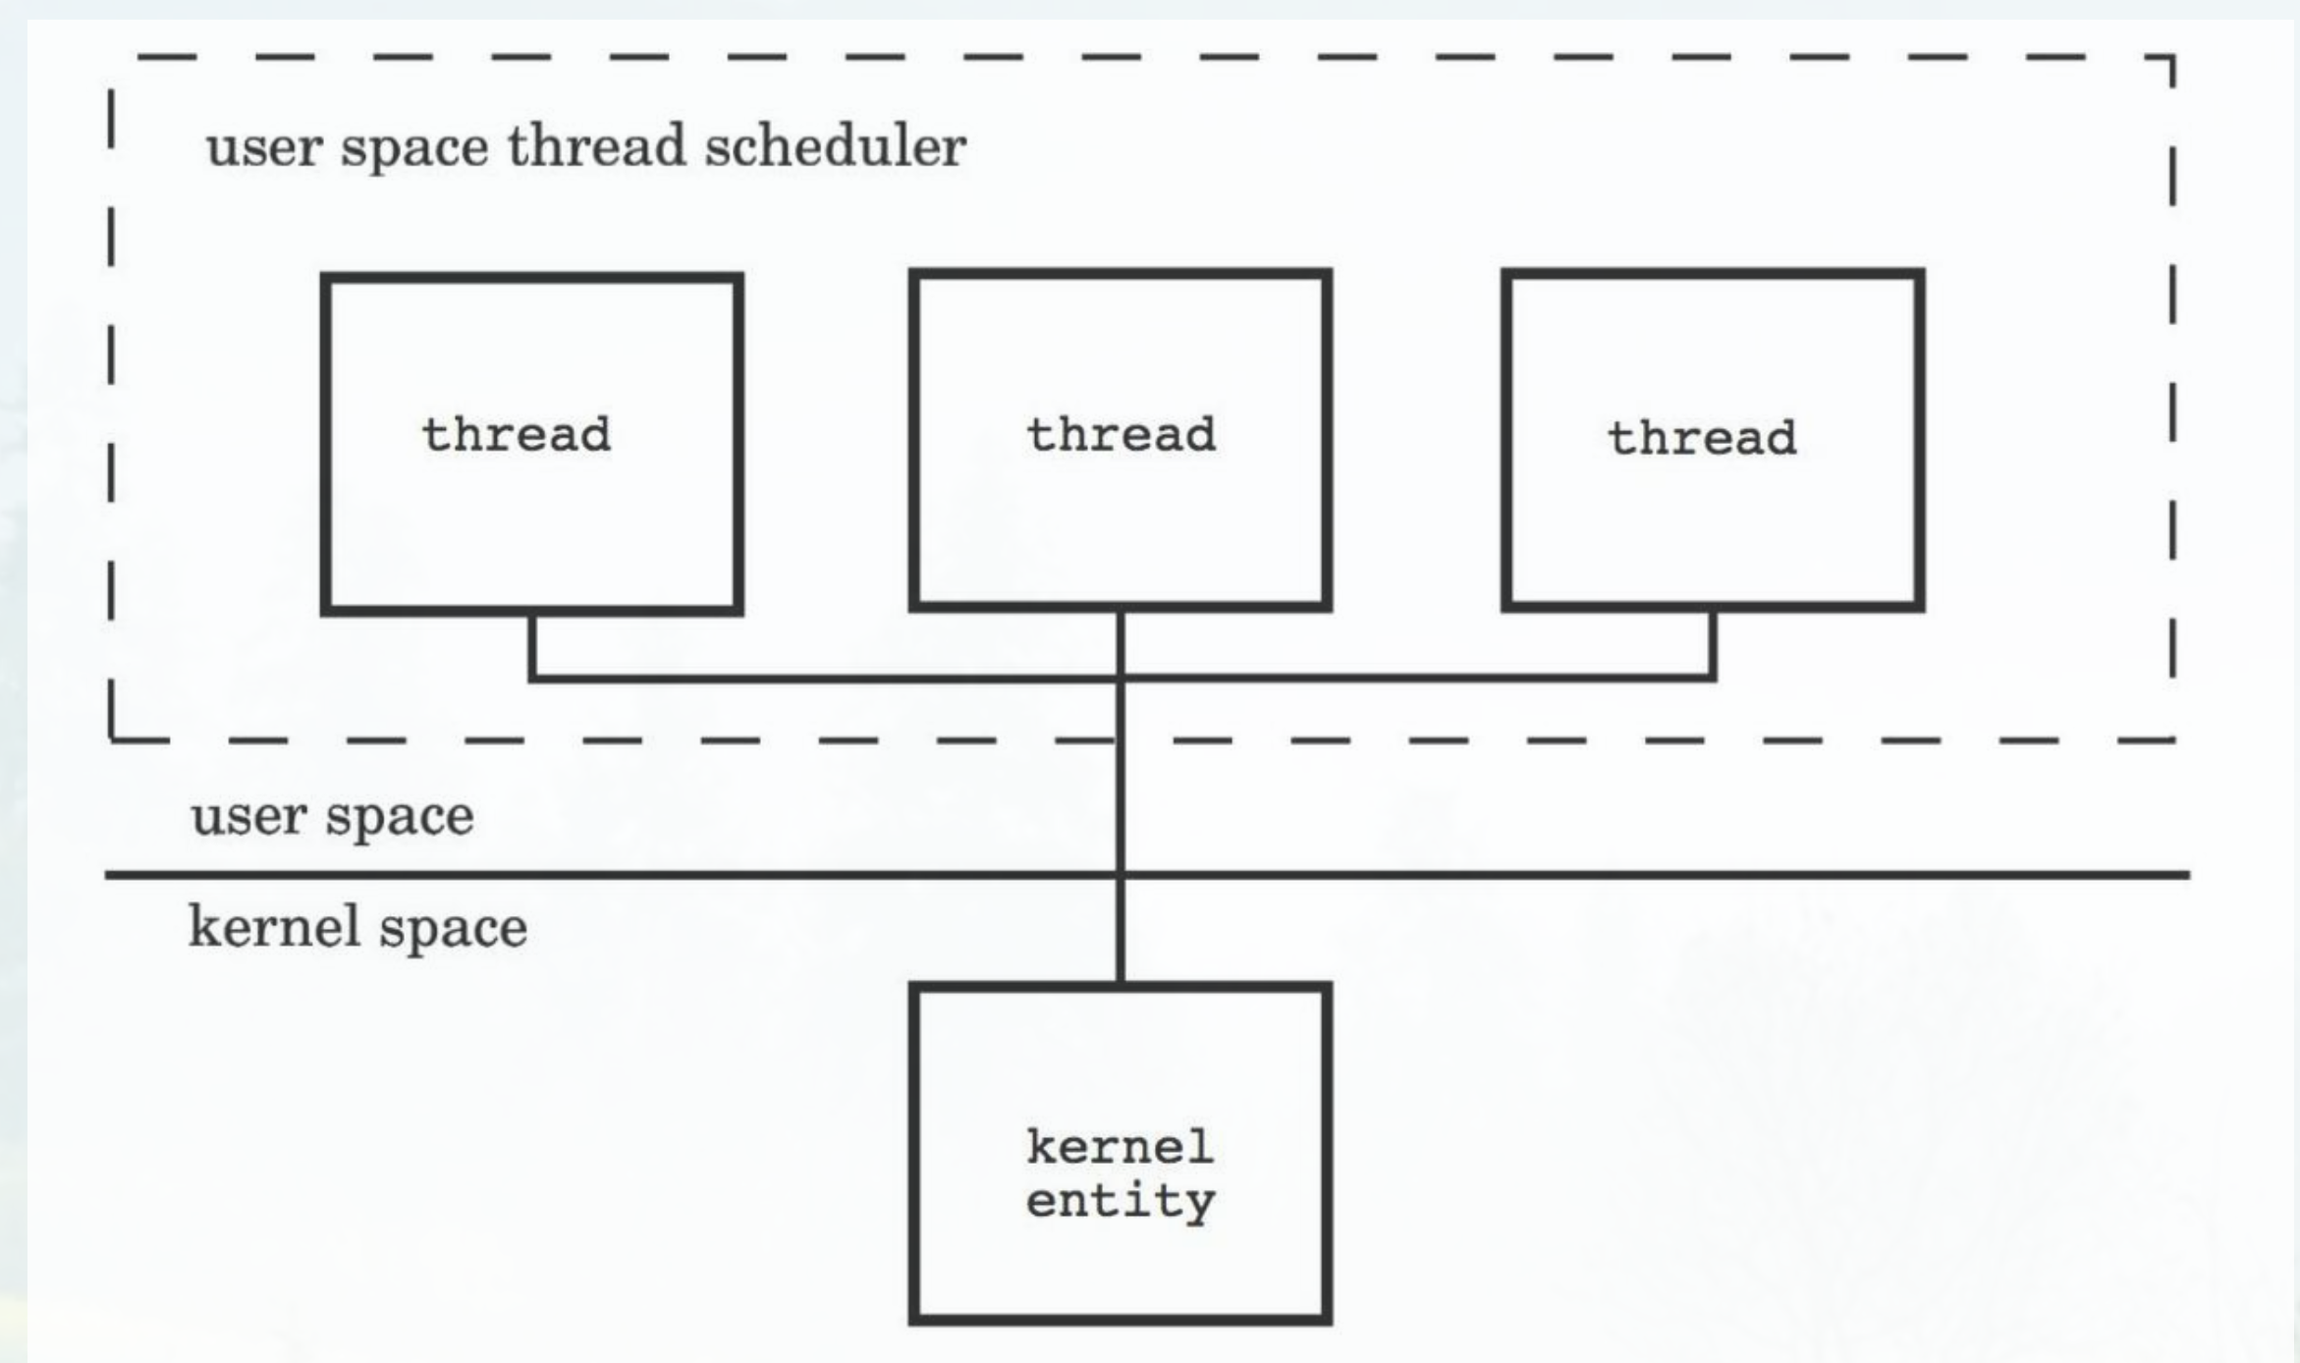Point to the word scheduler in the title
835,147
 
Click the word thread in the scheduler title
596,147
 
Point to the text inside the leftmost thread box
517,435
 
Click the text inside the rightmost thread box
1702,438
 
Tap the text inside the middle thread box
1121,435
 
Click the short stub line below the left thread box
532,644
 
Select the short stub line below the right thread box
1713,643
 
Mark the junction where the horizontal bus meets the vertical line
1121,677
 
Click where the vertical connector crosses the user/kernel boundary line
1121,874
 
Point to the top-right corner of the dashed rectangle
2171,58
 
